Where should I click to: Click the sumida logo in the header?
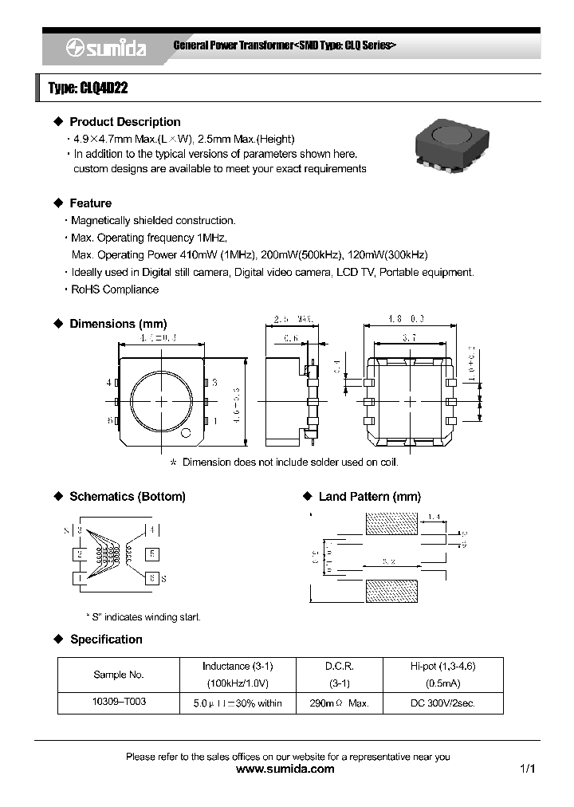105,49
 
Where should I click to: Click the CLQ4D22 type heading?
88,89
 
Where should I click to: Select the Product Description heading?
124,122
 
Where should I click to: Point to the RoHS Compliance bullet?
115,289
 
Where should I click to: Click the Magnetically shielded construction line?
153,220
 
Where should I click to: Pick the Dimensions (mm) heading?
118,324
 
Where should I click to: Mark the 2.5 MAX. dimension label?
294,320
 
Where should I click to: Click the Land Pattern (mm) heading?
369,497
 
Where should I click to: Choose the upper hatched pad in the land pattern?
391,524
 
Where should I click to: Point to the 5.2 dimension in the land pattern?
390,561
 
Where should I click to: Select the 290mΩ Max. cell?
339,703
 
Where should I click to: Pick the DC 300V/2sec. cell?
442,703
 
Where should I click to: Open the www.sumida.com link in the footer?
286,770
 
